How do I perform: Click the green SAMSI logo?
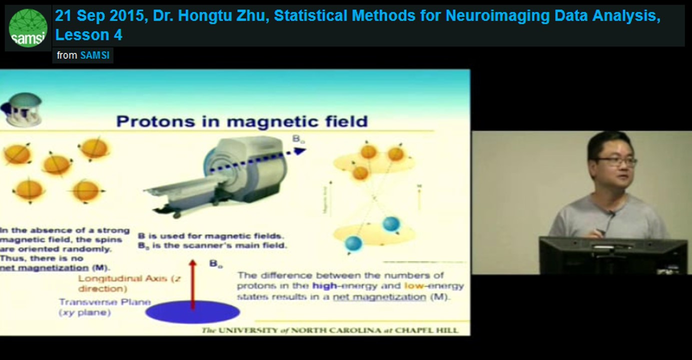pos(28,27)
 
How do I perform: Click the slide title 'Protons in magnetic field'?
pos(242,121)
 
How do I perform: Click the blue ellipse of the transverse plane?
pos(193,312)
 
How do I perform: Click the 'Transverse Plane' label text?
pos(105,302)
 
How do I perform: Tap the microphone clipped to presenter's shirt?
pos(611,215)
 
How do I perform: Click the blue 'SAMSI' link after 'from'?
pos(95,55)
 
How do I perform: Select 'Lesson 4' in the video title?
pos(89,35)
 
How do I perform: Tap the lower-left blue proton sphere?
pos(353,243)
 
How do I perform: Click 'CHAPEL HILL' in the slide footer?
pos(443,330)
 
